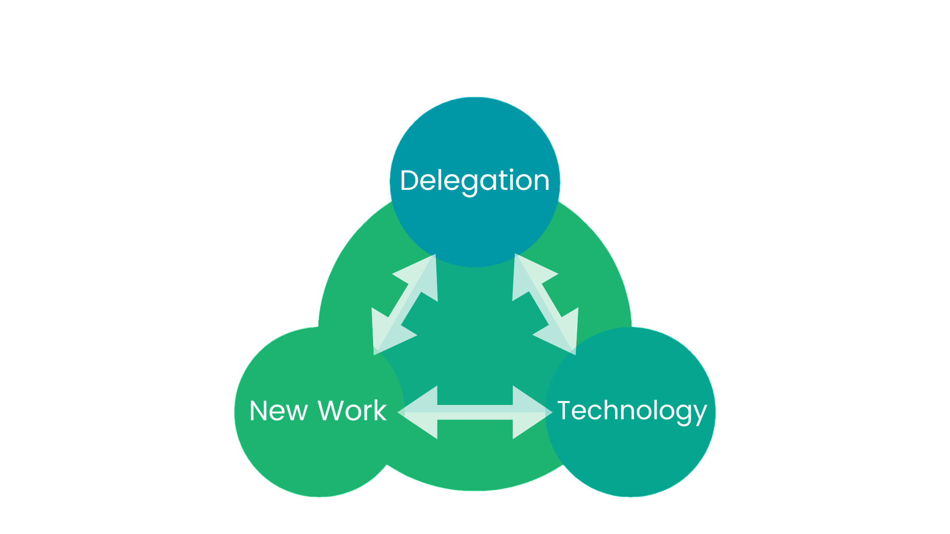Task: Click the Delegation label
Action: pos(475,181)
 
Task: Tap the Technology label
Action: pos(632,411)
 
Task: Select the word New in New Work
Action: pos(279,411)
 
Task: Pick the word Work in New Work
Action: pos(352,410)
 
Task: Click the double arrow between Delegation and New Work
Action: pos(405,304)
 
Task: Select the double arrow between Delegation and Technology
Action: pos(545,304)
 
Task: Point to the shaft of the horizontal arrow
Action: pos(475,412)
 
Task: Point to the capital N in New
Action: pos(259,411)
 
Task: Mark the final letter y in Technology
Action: pos(700,415)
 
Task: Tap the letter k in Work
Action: pos(380,410)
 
